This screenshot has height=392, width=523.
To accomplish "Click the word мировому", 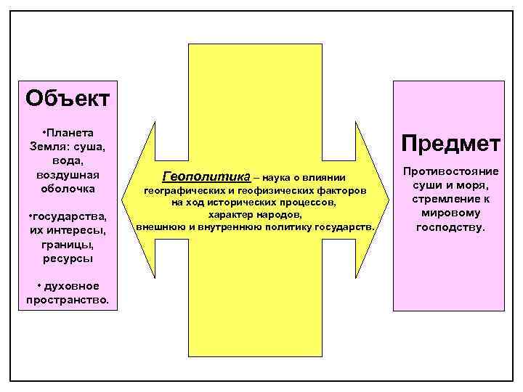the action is [447, 213].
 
